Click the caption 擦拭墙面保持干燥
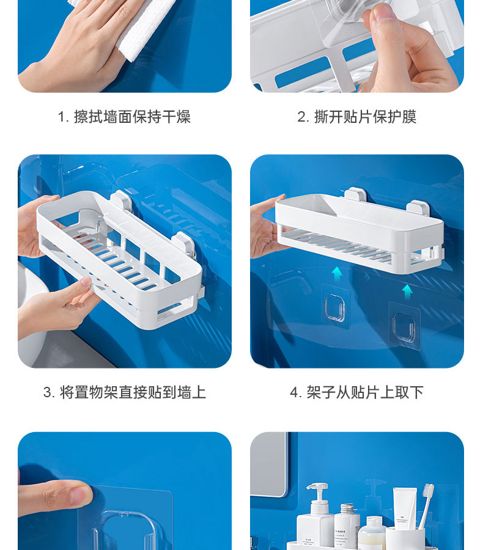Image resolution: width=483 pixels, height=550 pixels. click(132, 117)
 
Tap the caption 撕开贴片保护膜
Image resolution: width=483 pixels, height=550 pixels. click(365, 117)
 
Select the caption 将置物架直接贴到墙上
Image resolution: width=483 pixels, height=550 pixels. click(133, 392)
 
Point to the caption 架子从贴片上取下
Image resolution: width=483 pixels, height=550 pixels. click(365, 392)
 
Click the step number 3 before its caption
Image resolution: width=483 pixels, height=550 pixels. click(48, 392)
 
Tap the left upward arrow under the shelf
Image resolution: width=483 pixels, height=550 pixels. click(337, 274)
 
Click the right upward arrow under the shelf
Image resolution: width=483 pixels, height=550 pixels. click(407, 292)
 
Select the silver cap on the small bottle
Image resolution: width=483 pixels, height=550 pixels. click(347, 508)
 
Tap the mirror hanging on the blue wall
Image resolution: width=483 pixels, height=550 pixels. click(269, 464)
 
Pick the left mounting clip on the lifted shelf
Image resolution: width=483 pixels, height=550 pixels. click(355, 195)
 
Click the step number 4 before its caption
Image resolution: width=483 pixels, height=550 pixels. click(294, 392)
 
